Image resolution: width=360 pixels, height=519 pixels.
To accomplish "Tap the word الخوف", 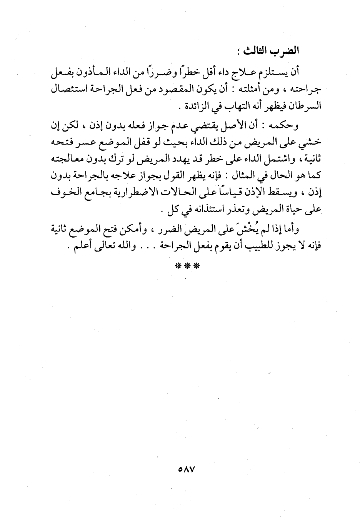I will tap(63, 193).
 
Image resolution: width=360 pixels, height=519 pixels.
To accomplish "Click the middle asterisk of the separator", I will tap(187, 266).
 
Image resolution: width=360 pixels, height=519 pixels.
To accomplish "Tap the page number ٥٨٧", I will tap(187, 470).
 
